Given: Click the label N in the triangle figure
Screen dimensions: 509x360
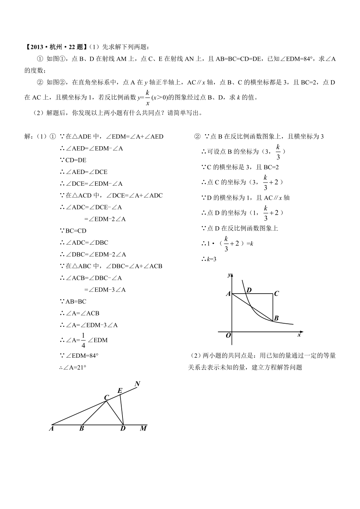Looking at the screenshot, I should coord(137,384).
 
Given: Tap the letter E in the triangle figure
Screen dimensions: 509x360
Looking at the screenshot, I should coord(120,391).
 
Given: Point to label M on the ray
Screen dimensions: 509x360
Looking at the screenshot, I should coord(143,429).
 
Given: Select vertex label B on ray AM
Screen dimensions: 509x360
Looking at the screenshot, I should coord(82,429).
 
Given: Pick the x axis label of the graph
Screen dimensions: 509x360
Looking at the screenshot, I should coord(299,335).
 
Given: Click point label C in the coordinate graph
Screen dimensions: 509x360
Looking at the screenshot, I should coord(276,294).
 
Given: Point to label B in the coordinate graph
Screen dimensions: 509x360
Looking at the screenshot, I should coord(276,319).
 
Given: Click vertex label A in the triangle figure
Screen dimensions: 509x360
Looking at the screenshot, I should coord(51,429).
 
